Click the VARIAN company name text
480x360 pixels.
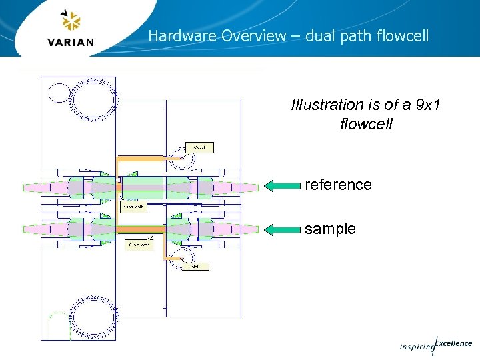click(x=71, y=42)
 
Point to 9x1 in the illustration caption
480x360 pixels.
click(x=427, y=105)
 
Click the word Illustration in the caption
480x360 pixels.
click(x=326, y=105)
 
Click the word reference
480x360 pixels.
click(x=338, y=185)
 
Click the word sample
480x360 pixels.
click(x=330, y=229)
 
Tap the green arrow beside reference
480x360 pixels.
click(x=282, y=186)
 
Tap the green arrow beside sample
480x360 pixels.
click(x=282, y=230)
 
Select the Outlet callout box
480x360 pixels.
click(x=199, y=147)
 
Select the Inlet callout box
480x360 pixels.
click(x=195, y=267)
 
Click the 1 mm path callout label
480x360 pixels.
click(x=132, y=207)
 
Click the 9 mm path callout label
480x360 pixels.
click(x=139, y=245)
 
